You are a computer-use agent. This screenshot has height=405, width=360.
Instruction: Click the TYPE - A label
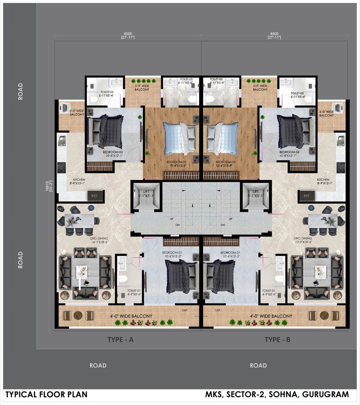point(120,340)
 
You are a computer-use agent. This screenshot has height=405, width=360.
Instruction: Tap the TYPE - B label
point(277,340)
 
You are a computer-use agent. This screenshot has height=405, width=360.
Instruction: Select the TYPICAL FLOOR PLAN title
point(46,395)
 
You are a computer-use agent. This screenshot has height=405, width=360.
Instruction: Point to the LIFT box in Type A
point(145,196)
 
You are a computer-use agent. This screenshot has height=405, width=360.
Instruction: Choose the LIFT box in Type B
point(256,196)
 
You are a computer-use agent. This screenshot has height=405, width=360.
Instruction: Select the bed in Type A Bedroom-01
point(181,276)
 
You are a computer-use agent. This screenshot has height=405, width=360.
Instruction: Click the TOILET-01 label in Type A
point(133,291)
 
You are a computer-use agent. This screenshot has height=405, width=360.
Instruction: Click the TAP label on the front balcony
point(184,310)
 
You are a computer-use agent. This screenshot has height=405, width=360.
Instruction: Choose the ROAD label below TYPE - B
point(258,365)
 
